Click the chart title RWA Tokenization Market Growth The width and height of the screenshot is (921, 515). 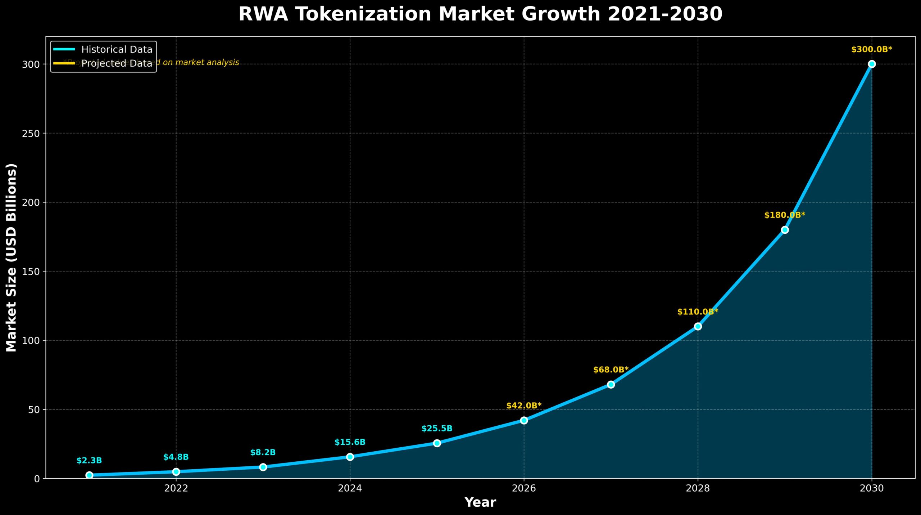click(x=480, y=14)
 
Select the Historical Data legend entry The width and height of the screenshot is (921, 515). click(x=117, y=49)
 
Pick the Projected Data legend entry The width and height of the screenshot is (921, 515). click(x=117, y=63)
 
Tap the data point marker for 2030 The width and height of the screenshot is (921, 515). click(x=871, y=64)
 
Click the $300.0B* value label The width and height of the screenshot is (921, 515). click(x=871, y=50)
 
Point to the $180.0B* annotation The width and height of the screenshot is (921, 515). click(x=785, y=215)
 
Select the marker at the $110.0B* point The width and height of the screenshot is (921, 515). click(x=698, y=326)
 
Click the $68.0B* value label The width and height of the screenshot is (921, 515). click(x=611, y=370)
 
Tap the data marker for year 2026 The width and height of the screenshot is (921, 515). click(x=524, y=420)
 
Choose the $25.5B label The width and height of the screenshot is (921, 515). click(x=437, y=429)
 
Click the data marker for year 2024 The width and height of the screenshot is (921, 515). click(x=350, y=457)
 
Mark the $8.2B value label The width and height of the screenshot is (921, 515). click(x=263, y=452)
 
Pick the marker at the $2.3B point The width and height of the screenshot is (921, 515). click(x=89, y=475)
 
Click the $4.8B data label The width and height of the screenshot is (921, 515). click(x=176, y=457)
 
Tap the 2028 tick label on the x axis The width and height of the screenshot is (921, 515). click(x=698, y=488)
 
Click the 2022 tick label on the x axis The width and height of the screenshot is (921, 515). click(x=176, y=488)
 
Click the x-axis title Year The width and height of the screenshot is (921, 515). click(x=480, y=502)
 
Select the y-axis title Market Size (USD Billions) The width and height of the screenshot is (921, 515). click(x=12, y=257)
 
